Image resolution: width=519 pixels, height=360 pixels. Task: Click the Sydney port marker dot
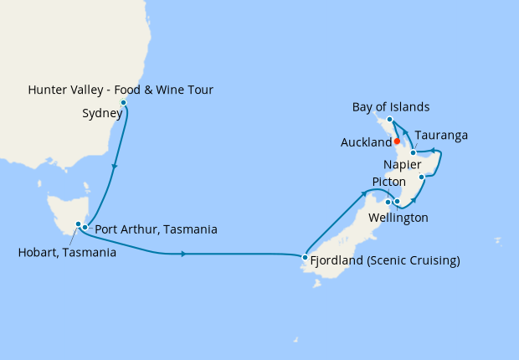tap(124, 103)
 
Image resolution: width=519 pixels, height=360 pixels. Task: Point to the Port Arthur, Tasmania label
tap(157, 229)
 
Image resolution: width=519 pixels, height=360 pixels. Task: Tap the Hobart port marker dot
tap(79, 224)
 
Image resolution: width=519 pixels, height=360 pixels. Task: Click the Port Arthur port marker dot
tap(85, 227)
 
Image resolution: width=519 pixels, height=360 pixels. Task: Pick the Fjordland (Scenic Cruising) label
tap(385, 260)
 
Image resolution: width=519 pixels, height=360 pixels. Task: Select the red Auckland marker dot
tap(397, 141)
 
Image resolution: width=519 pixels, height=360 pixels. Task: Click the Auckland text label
tap(367, 143)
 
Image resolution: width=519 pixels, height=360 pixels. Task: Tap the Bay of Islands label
tap(392, 107)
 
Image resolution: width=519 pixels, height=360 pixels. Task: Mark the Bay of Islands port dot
tap(390, 121)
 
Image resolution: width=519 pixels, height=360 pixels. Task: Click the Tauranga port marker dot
tap(414, 153)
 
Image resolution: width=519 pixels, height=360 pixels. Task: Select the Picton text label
tap(388, 182)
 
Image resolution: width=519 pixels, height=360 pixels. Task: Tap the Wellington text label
tap(397, 218)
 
